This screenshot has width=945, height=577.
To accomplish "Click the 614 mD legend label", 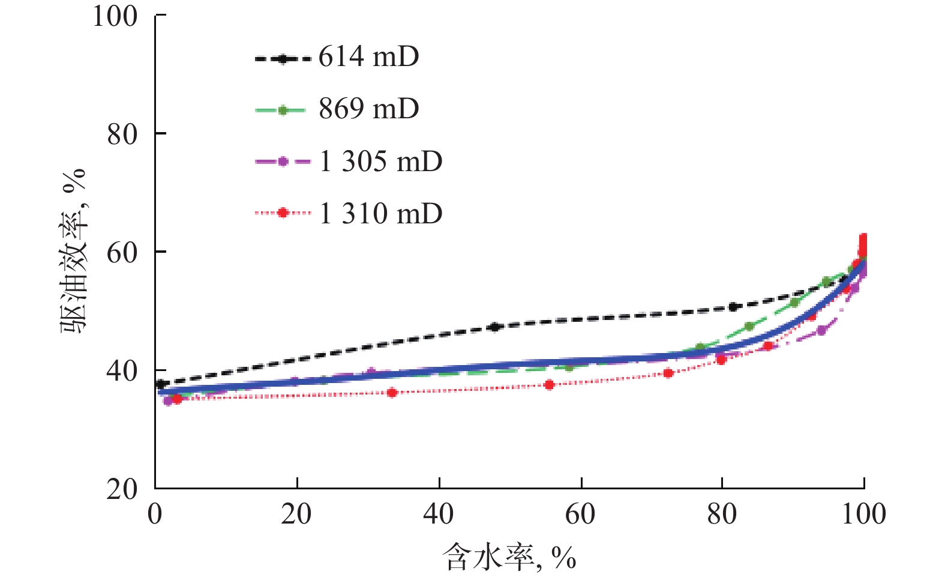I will (x=368, y=57).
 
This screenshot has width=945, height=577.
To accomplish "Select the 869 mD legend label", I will (x=368, y=109).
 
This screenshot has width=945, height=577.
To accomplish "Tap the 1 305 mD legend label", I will (x=380, y=162).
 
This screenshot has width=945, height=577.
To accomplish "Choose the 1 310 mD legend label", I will (x=380, y=214).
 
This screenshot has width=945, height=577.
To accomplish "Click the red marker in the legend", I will (x=283, y=213).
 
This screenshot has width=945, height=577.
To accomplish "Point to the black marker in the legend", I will (x=283, y=58).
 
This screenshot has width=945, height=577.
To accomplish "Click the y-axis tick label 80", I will (x=122, y=134).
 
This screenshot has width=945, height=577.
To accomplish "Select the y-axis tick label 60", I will (x=122, y=253).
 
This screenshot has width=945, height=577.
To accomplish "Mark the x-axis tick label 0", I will (x=155, y=514).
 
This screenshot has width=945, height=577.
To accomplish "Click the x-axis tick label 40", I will (x=439, y=514).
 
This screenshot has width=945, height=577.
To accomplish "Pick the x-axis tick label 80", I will (x=722, y=514).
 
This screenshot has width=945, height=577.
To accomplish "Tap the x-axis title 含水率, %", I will (x=509, y=557).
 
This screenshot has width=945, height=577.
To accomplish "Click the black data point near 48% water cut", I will (x=494, y=327).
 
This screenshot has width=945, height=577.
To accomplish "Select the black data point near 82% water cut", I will (x=733, y=307).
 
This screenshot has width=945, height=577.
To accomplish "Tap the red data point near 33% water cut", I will (x=392, y=393).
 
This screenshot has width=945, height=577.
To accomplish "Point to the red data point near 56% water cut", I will (x=549, y=385).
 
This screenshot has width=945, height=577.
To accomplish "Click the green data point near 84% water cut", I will (x=749, y=327).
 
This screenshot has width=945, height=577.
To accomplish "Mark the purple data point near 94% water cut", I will (x=821, y=330).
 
